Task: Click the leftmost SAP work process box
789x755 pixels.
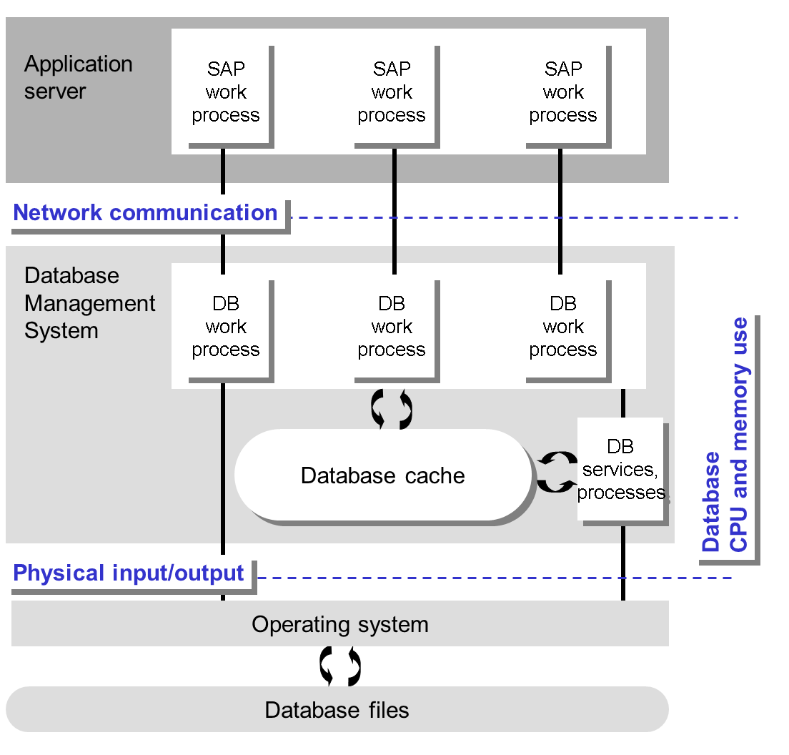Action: coord(226,93)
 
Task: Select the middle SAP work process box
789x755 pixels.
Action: coord(392,93)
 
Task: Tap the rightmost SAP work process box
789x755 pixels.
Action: coord(563,93)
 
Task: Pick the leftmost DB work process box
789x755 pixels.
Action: coord(226,327)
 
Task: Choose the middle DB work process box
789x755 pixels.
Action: coord(392,327)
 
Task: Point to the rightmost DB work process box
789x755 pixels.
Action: coord(563,327)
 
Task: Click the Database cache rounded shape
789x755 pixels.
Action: coord(383,475)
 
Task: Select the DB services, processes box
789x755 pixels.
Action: coord(620,470)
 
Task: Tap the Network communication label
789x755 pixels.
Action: coord(146,213)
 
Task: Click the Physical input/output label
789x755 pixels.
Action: coord(129,573)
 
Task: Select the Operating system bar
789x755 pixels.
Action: coord(340,624)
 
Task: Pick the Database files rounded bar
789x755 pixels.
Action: coord(337,710)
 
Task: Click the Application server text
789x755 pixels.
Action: coord(79,77)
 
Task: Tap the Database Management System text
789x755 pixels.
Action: coord(90,303)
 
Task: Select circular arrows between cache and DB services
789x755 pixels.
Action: coord(557,471)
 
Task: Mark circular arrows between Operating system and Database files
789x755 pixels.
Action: coord(340,666)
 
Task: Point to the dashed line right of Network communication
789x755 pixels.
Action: coord(515,217)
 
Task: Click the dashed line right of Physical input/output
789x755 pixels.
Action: coord(493,577)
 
